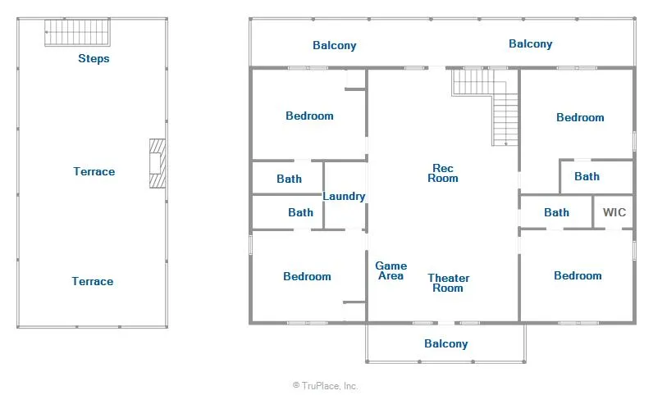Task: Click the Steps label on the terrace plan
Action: point(94,58)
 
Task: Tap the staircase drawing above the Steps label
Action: point(77,32)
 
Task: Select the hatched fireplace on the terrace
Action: point(158,163)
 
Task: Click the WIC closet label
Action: point(614,212)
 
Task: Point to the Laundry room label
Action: point(344,196)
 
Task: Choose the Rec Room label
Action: point(443,173)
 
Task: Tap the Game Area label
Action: point(391,270)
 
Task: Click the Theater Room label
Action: point(449,283)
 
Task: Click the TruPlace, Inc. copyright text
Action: point(325,386)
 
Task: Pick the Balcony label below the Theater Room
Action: point(446,343)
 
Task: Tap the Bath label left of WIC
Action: point(556,212)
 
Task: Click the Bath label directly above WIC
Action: point(587,176)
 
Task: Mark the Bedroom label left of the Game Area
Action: point(307,276)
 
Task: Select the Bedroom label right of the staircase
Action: point(580,117)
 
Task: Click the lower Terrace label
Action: point(93,281)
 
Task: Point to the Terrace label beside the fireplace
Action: point(94,171)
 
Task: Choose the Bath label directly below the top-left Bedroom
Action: point(289,179)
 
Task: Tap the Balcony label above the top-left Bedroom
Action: point(335,45)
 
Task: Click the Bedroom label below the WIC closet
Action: point(578,275)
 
